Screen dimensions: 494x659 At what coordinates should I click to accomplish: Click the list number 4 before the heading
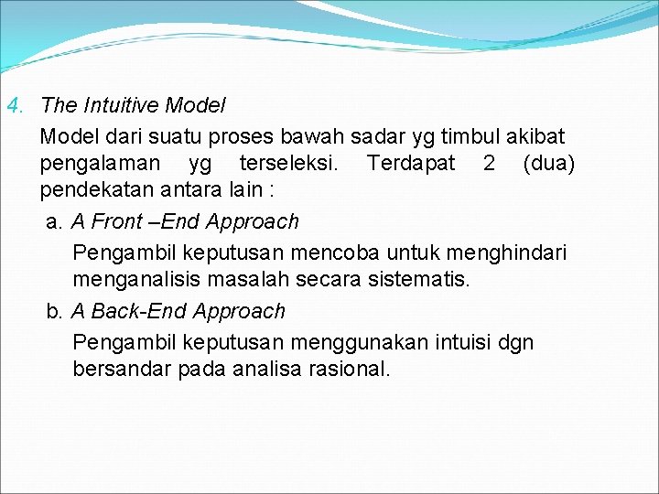pyautogui.click(x=12, y=106)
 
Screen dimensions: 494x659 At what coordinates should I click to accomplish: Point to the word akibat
pyautogui.click(x=540, y=137)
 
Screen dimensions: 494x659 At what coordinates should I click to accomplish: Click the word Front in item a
pyautogui.click(x=116, y=221)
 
